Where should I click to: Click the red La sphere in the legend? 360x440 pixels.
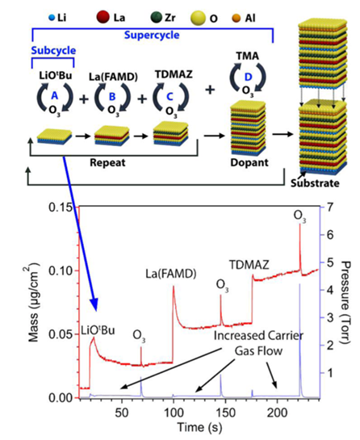click(x=103, y=18)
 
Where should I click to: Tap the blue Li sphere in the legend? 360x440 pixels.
click(x=52, y=19)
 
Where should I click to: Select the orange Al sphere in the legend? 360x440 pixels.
click(x=237, y=19)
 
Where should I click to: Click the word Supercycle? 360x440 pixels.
click(x=152, y=36)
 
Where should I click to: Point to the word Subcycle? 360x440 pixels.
click(x=53, y=51)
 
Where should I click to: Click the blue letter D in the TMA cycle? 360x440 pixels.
click(x=248, y=77)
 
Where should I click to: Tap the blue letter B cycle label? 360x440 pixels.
click(x=112, y=97)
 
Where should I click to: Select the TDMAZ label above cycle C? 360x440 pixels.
click(x=174, y=74)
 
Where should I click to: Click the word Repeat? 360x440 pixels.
click(x=107, y=163)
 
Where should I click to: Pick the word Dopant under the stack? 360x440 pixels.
click(x=249, y=163)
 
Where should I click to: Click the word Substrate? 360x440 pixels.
click(x=315, y=183)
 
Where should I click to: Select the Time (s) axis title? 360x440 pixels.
click(x=200, y=427)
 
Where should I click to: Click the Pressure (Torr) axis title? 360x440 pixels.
click(x=346, y=303)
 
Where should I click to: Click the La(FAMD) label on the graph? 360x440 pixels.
click(x=171, y=274)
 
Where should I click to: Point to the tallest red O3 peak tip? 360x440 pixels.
click(x=299, y=224)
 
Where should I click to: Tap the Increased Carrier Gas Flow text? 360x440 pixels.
click(x=258, y=343)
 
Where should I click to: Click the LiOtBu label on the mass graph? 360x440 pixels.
click(x=98, y=330)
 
